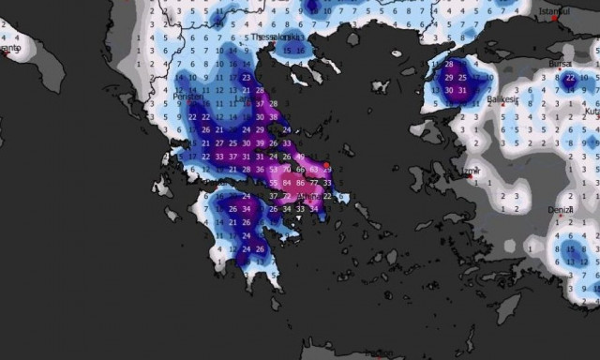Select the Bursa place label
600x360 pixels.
(x=561, y=64)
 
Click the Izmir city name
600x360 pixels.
(x=472, y=171)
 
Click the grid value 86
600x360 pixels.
(x=300, y=182)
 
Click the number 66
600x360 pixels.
(x=300, y=169)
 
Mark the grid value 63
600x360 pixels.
(x=314, y=169)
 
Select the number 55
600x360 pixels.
(x=274, y=182)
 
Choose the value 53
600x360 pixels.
(x=274, y=169)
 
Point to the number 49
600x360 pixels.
(x=300, y=156)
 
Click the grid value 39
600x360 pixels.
(x=261, y=142)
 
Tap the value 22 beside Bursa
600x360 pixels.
(x=569, y=77)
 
